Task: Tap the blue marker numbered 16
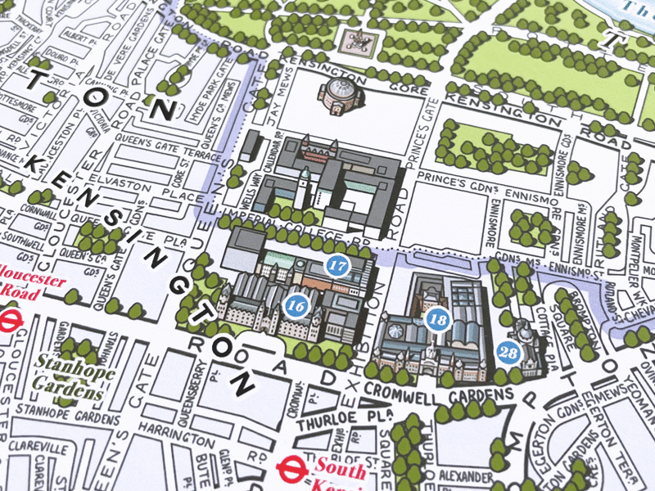[296, 305]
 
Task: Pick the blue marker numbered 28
[508, 353]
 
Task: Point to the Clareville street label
[38, 448]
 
